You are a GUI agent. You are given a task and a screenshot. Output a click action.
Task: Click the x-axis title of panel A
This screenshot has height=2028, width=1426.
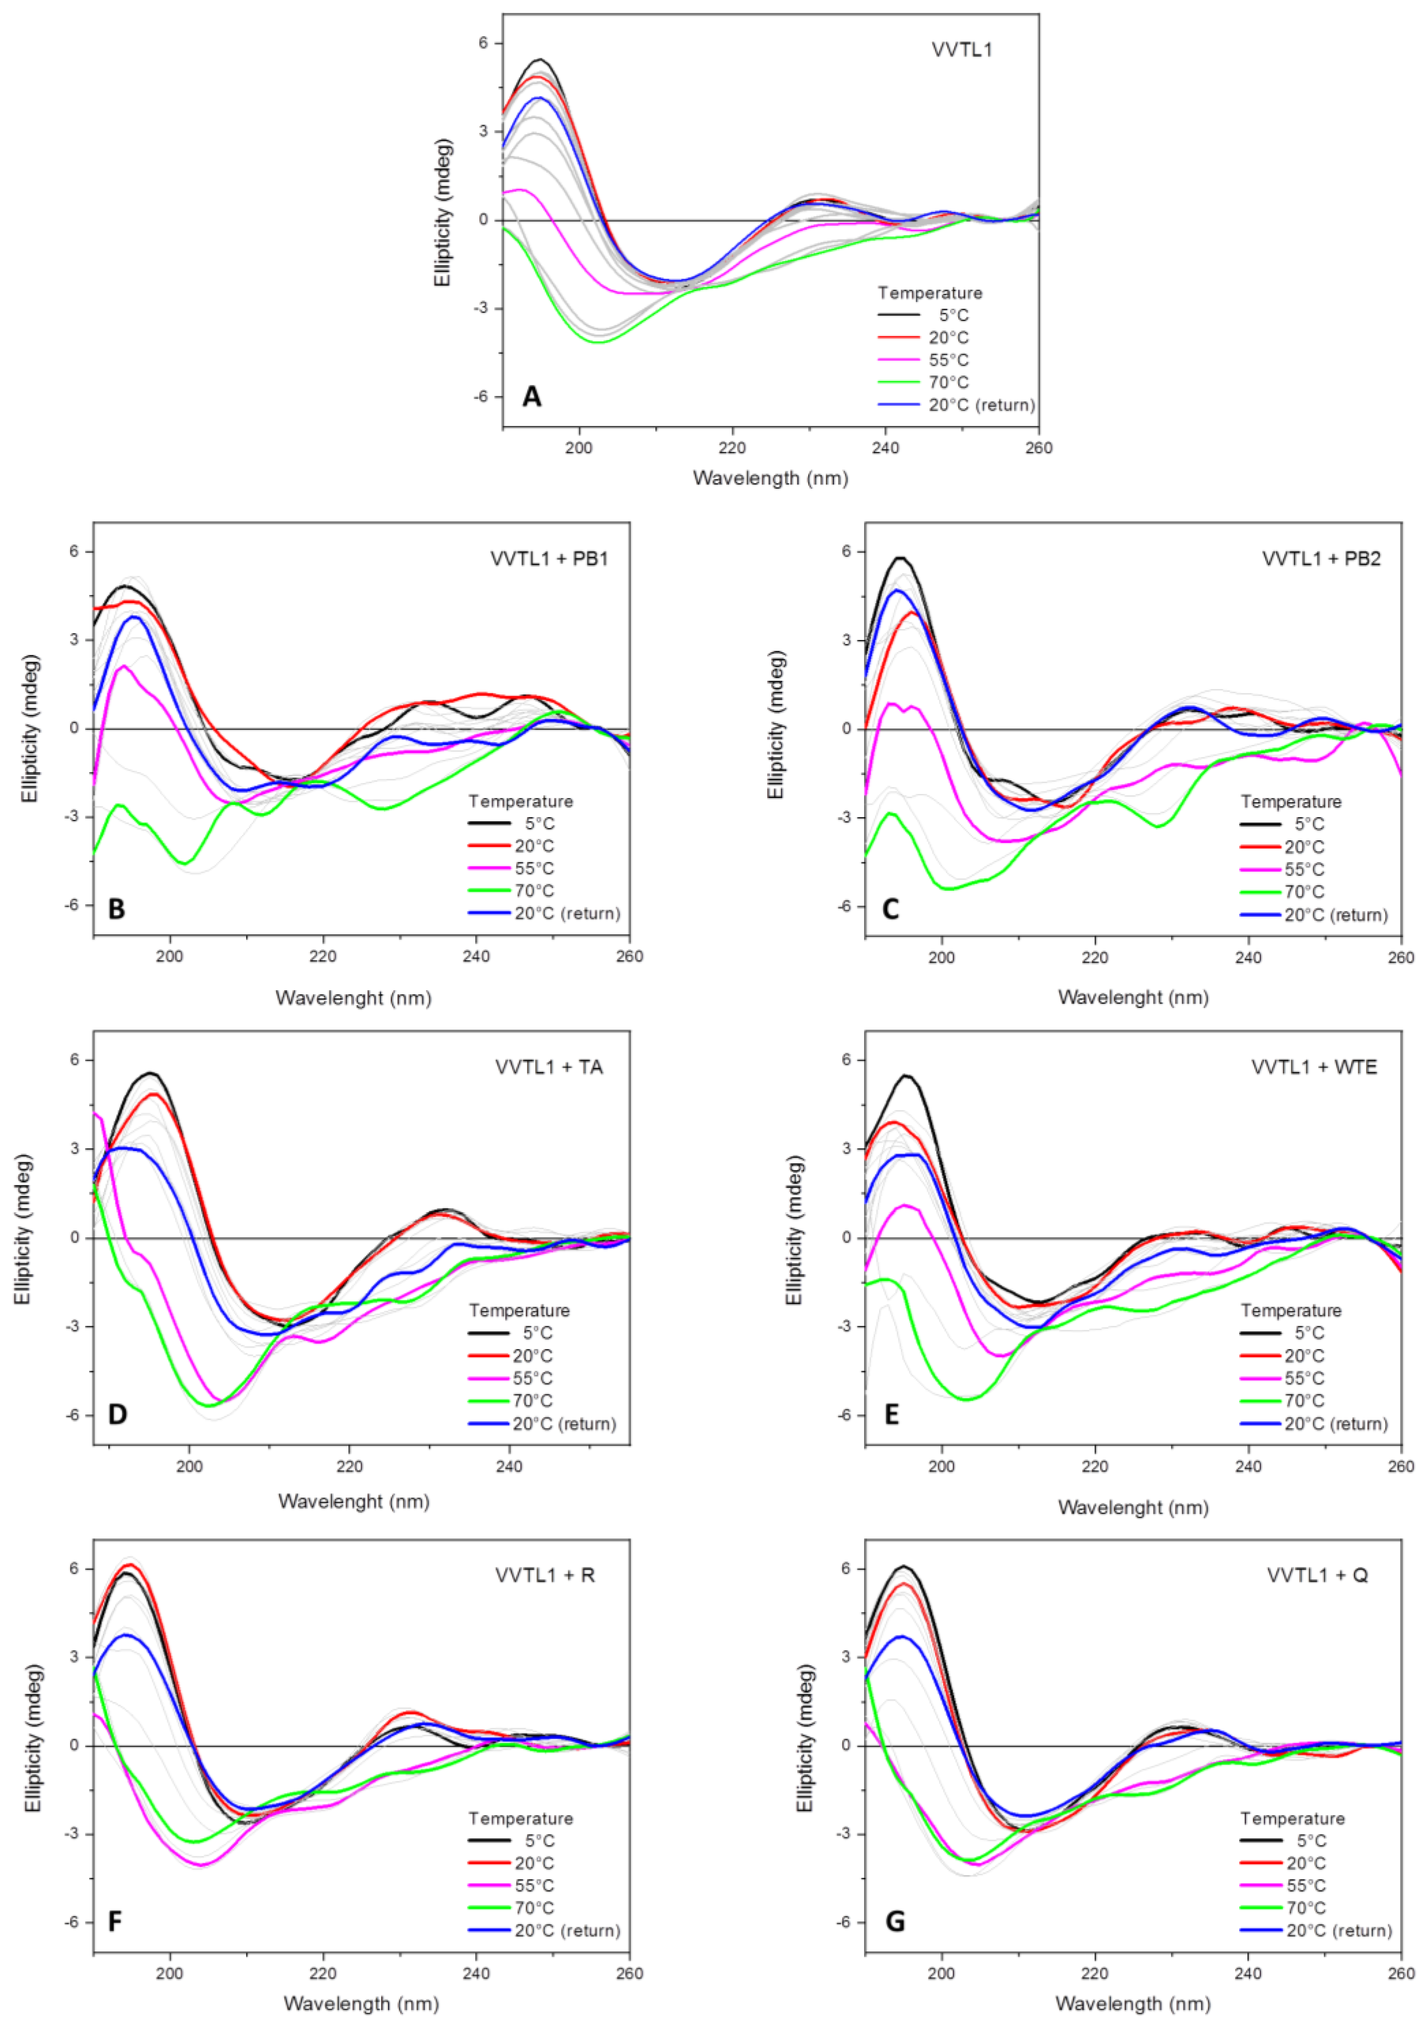coord(770,478)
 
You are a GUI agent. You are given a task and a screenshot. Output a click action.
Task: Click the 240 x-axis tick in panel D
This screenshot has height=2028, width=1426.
coord(509,1466)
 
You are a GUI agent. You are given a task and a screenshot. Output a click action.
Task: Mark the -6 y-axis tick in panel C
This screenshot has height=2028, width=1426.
coord(845,906)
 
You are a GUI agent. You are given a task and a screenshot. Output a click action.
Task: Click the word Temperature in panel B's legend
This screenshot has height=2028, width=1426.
coord(521,801)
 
